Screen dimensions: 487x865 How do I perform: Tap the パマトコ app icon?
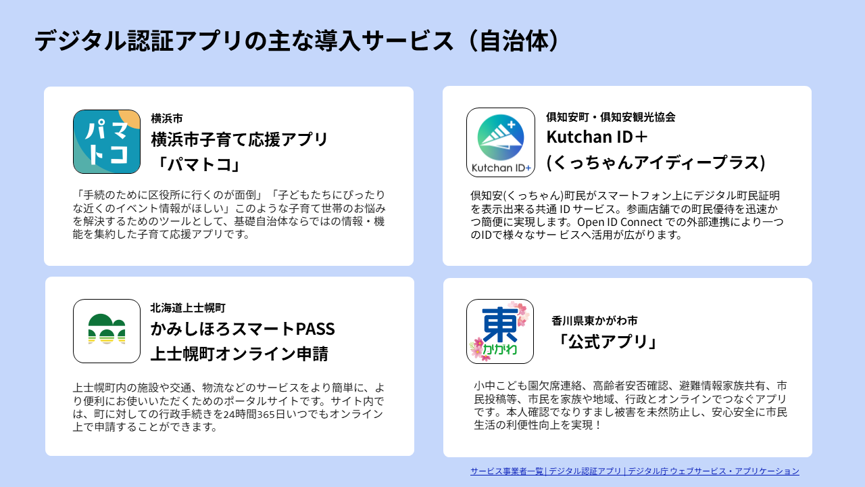(107, 142)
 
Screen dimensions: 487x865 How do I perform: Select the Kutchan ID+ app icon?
(500, 142)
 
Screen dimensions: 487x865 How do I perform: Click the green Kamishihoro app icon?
(107, 331)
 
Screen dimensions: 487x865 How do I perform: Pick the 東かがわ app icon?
(500, 331)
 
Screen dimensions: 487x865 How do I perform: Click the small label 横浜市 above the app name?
(166, 118)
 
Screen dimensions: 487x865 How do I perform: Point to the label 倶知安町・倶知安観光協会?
(610, 116)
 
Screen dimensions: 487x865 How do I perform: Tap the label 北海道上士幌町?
(188, 307)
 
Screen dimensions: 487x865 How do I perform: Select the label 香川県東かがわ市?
(594, 321)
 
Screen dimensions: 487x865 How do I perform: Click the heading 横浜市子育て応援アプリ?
(239, 140)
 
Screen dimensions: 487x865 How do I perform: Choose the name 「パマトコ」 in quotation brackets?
(197, 164)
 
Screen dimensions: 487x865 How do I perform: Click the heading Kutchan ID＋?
(597, 137)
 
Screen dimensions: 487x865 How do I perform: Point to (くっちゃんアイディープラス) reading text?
(656, 162)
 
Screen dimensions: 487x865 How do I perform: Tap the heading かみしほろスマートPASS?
(243, 329)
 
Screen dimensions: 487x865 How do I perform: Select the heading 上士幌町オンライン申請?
(239, 354)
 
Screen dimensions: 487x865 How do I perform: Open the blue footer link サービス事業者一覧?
(507, 471)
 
